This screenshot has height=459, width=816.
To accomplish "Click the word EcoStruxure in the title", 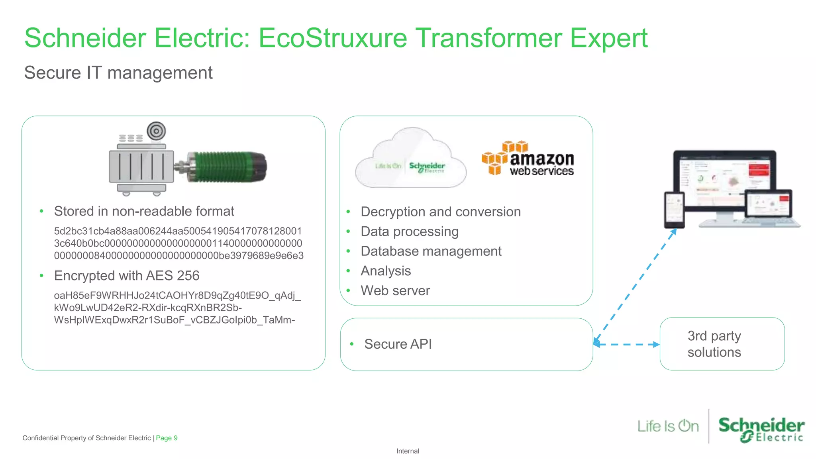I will [x=333, y=38].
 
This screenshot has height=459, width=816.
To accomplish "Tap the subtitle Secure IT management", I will [x=118, y=73].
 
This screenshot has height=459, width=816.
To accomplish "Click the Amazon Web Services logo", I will [x=528, y=159].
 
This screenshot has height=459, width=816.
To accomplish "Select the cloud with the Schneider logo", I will [x=410, y=159].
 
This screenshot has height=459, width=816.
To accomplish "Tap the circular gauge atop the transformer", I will [x=156, y=131].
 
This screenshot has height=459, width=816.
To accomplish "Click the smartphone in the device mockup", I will [x=674, y=210].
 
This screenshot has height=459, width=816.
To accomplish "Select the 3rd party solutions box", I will [x=722, y=344].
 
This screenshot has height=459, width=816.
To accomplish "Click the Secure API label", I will [x=398, y=344].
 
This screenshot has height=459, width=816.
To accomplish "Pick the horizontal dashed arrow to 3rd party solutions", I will [x=626, y=345].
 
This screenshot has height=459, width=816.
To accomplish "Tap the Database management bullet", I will [x=431, y=251].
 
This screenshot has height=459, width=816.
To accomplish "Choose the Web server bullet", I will [x=395, y=291].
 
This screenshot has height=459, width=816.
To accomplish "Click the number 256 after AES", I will [x=188, y=276].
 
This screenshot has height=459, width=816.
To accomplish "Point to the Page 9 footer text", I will [x=167, y=438].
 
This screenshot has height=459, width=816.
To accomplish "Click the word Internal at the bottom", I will [x=408, y=451].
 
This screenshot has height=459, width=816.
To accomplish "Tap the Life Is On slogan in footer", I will [x=668, y=426].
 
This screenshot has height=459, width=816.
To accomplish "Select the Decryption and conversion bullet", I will [x=440, y=212].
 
